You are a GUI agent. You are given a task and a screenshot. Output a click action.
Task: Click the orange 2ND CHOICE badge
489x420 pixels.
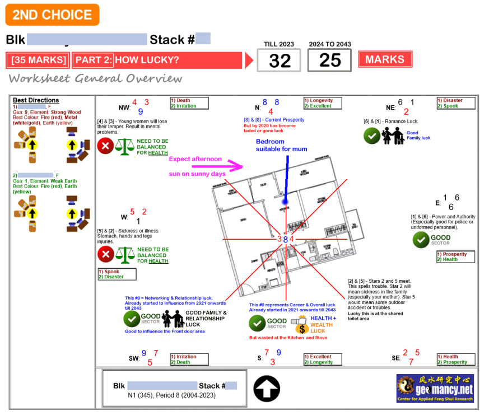[52, 15]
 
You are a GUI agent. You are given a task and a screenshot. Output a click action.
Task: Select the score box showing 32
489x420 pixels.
[279, 60]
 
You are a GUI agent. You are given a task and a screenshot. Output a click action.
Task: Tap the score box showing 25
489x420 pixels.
[329, 60]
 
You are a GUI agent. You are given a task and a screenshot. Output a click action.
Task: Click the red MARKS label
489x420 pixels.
[385, 59]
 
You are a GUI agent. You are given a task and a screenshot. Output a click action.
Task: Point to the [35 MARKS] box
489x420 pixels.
[39, 60]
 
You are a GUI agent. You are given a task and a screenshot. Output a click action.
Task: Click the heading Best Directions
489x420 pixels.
[36, 100]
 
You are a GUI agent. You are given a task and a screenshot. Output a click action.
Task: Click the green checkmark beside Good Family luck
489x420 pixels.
[371, 136]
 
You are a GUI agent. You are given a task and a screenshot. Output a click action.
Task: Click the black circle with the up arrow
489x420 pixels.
[267, 389]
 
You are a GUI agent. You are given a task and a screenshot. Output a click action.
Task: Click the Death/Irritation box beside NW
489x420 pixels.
[189, 103]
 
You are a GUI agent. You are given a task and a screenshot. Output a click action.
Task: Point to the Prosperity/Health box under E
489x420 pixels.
[455, 257]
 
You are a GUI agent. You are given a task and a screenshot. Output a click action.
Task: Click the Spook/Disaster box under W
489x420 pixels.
[117, 274]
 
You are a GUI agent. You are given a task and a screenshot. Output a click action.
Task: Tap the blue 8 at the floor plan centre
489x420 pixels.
[285, 239]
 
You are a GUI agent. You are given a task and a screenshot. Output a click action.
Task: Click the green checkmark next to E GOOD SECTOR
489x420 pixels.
[421, 240]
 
